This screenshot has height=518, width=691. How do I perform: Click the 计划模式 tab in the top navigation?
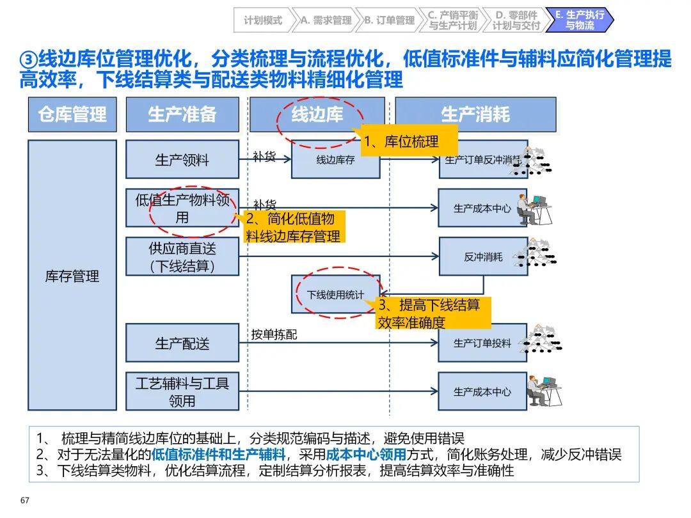point(262,20)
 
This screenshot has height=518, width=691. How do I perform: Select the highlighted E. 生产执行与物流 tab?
point(580,20)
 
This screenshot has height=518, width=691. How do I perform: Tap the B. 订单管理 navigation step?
point(389,20)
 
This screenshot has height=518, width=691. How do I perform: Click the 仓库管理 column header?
point(72,114)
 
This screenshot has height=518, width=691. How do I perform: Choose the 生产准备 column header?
point(182,114)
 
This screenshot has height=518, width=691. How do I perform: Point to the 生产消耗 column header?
point(475,114)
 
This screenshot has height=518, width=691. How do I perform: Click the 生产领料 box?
point(182,160)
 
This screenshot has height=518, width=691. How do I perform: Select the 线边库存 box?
point(335,161)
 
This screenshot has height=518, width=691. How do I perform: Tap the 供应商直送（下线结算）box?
point(182,257)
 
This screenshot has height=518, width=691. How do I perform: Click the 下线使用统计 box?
point(335,295)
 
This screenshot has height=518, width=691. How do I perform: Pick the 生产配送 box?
point(182,343)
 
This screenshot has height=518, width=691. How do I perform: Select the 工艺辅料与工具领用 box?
point(182,392)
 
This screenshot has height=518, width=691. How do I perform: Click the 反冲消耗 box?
point(483,257)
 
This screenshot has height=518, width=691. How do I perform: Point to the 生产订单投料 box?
point(482,343)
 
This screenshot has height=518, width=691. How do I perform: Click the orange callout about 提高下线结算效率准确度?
point(433,313)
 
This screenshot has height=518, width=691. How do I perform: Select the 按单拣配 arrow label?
point(274,334)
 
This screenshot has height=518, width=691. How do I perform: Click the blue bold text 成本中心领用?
point(366,455)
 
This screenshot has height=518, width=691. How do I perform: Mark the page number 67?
point(25,500)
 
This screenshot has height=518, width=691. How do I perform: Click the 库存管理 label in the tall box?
point(72,276)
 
